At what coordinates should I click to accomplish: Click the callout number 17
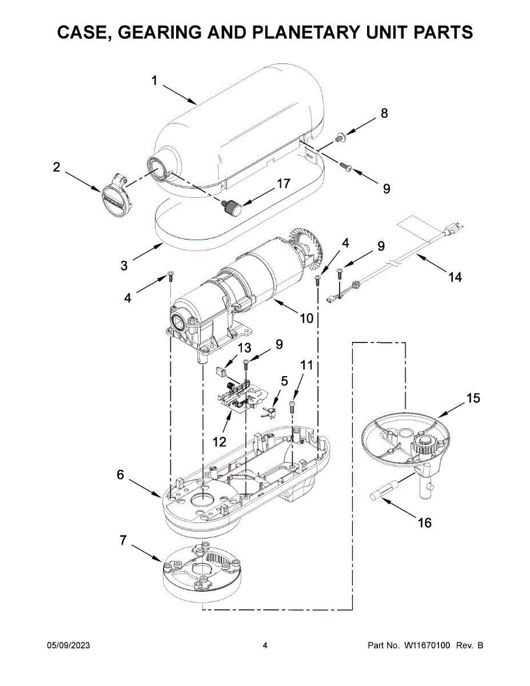click(283, 184)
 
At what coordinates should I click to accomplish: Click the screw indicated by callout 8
click(340, 137)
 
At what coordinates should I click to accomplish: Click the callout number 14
click(456, 277)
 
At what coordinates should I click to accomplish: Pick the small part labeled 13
click(221, 371)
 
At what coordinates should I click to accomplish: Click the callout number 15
click(473, 398)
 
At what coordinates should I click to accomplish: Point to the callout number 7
click(123, 540)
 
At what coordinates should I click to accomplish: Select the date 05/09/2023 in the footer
click(69, 645)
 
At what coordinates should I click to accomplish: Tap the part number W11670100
click(427, 645)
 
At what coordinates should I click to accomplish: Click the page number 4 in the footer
click(265, 645)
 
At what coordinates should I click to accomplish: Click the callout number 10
click(306, 318)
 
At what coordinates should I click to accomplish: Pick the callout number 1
click(154, 81)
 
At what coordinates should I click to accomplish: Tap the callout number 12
click(220, 442)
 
